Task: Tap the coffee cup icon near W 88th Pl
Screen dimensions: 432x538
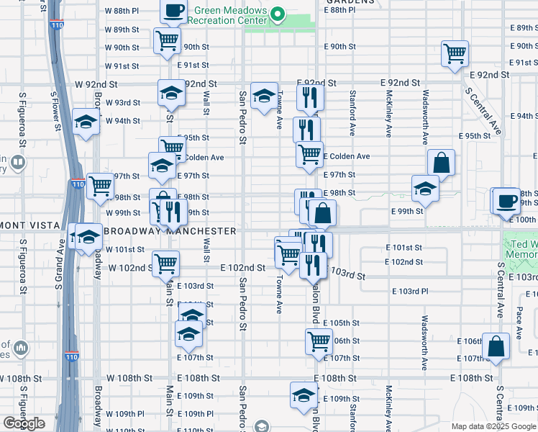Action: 173,11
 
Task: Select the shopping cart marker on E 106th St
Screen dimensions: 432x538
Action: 318,342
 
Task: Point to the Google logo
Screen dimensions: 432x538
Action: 24,423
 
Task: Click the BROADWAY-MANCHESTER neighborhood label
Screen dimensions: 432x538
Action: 170,231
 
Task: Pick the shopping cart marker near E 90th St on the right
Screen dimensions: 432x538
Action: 455,53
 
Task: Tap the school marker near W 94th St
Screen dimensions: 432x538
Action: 86,121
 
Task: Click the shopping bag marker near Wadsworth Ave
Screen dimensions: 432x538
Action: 441,163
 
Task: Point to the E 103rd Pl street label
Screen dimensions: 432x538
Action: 410,291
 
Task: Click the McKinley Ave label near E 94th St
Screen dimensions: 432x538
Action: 388,113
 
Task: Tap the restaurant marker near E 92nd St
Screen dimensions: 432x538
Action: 310,97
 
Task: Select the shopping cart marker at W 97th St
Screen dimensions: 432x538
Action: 100,186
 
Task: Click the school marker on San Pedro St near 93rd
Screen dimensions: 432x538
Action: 264,96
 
